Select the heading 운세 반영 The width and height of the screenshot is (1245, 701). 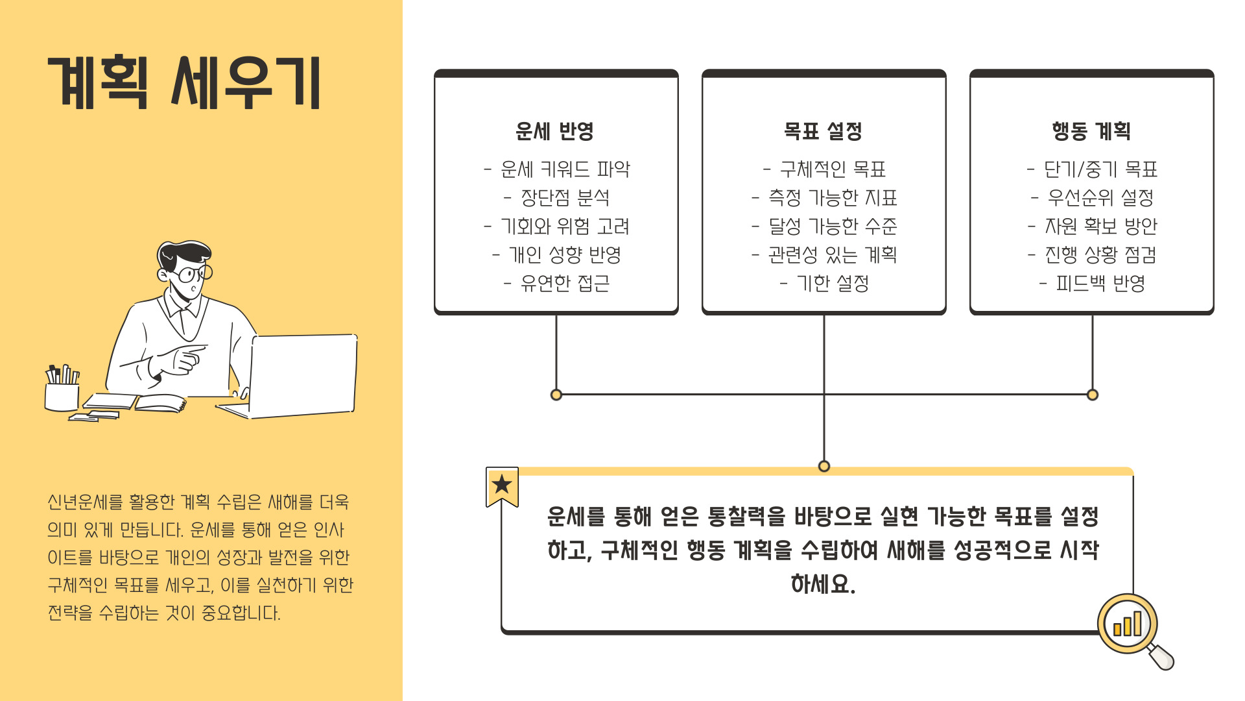554,131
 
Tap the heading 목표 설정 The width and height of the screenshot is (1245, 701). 823,131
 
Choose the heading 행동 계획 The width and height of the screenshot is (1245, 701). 1091,131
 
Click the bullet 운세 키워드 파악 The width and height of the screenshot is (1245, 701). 565,169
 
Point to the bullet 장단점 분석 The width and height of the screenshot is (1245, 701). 565,198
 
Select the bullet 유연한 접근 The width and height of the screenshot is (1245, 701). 565,284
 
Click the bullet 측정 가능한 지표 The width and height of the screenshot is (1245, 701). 833,198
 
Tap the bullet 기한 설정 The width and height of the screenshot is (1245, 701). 833,284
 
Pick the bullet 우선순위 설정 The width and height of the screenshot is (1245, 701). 1100,198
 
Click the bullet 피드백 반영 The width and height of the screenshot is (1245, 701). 1100,284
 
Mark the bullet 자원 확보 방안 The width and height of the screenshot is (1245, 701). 1100,227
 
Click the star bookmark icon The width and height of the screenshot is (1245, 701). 502,486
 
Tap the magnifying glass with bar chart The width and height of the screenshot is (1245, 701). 1130,626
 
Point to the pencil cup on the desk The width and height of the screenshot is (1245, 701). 62,392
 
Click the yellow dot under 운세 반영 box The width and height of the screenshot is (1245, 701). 556,395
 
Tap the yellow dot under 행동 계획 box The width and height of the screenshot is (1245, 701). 1093,395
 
